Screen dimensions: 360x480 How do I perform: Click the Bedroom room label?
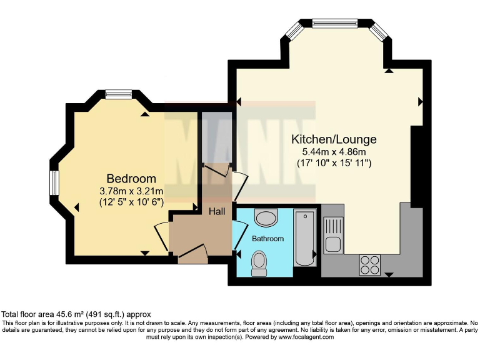pos(131,179)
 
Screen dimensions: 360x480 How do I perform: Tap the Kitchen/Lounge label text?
pos(334,139)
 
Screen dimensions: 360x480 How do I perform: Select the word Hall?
pos(217,212)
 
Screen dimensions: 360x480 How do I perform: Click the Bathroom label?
pos(267,239)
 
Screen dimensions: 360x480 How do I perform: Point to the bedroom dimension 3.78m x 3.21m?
pos(131,191)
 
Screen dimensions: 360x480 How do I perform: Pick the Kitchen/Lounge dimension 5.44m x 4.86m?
pos(334,151)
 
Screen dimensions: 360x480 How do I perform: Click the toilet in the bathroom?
pos(259,263)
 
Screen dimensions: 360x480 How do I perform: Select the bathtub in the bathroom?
pos(306,237)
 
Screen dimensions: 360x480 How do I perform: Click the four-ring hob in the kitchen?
pos(370,265)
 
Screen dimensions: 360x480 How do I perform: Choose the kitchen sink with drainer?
pos(333,234)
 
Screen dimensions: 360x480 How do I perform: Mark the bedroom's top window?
pos(119,94)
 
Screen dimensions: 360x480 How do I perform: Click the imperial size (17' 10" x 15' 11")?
pos(334,163)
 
